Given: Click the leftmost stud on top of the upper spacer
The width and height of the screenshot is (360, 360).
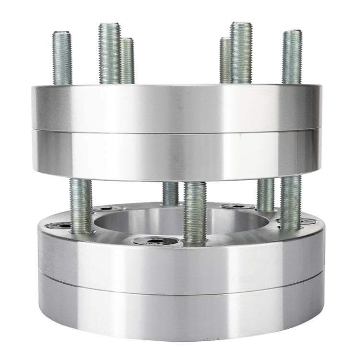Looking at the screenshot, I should (61, 58).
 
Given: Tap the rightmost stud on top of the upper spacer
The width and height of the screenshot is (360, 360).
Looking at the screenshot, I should (291, 57).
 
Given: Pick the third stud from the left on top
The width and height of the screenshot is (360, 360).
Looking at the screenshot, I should (128, 60).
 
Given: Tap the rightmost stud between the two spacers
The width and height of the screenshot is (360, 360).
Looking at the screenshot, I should (291, 202).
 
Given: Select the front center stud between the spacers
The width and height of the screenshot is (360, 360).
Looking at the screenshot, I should (195, 211).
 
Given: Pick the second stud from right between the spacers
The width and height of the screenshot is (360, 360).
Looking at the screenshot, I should (265, 194).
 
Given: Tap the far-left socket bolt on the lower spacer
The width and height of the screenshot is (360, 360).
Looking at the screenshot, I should (60, 226).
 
